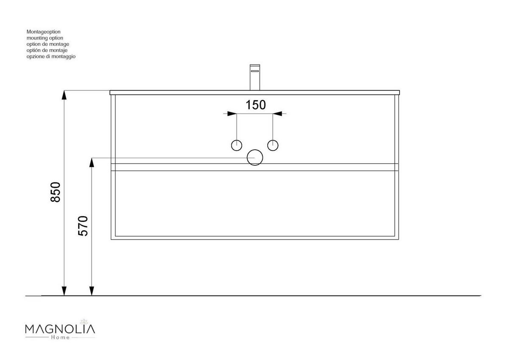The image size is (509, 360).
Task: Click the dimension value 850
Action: coord(56,192)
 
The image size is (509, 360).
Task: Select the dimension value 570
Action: coord(83,226)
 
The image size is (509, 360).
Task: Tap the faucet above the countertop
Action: coord(255,77)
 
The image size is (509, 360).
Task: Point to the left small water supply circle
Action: coord(237,145)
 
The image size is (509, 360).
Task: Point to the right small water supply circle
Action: coord(273,145)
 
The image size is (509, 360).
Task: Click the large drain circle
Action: coord(255,158)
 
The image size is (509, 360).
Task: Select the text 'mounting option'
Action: coord(45,38)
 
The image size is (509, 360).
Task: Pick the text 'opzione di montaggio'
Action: coord(51,56)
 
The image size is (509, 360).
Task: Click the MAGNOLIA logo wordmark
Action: coord(60,329)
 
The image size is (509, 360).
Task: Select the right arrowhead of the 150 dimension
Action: coord(278,114)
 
